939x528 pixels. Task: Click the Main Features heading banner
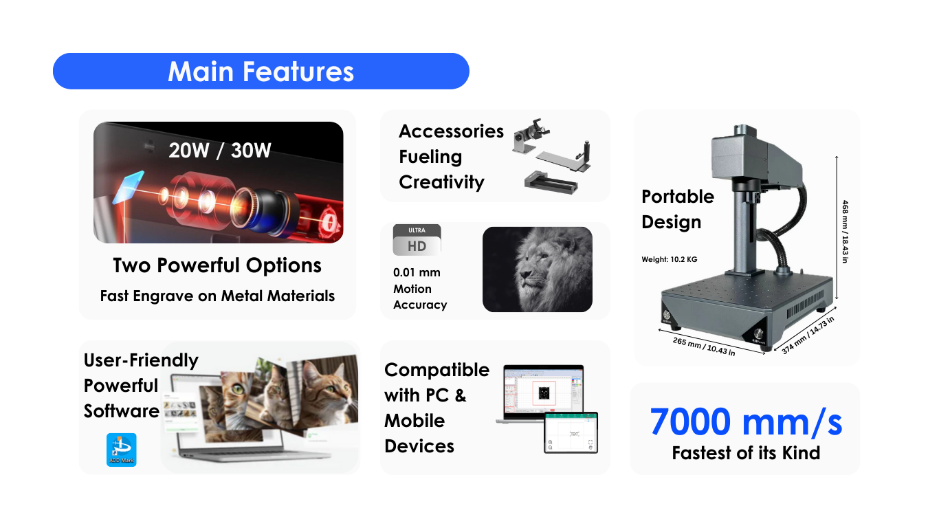click(261, 71)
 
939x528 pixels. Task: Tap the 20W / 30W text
click(220, 151)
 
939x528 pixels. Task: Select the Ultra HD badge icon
click(417, 240)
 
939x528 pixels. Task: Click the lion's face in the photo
click(541, 268)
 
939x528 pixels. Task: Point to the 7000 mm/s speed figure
click(746, 421)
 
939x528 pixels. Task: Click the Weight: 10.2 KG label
click(670, 259)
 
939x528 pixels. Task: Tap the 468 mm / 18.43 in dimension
click(845, 232)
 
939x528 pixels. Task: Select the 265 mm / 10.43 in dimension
click(704, 346)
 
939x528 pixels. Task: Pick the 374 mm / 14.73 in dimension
click(808, 335)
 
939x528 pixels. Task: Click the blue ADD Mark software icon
click(121, 450)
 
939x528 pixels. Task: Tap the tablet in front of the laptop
click(571, 432)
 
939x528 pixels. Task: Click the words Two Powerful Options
click(217, 265)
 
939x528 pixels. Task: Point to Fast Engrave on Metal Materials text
click(217, 296)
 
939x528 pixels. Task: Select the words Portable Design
click(678, 209)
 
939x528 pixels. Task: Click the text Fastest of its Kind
click(746, 453)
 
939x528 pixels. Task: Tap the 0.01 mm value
click(417, 273)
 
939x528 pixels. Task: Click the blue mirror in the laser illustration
click(129, 187)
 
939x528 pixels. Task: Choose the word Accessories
click(451, 131)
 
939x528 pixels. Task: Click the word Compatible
click(437, 370)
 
